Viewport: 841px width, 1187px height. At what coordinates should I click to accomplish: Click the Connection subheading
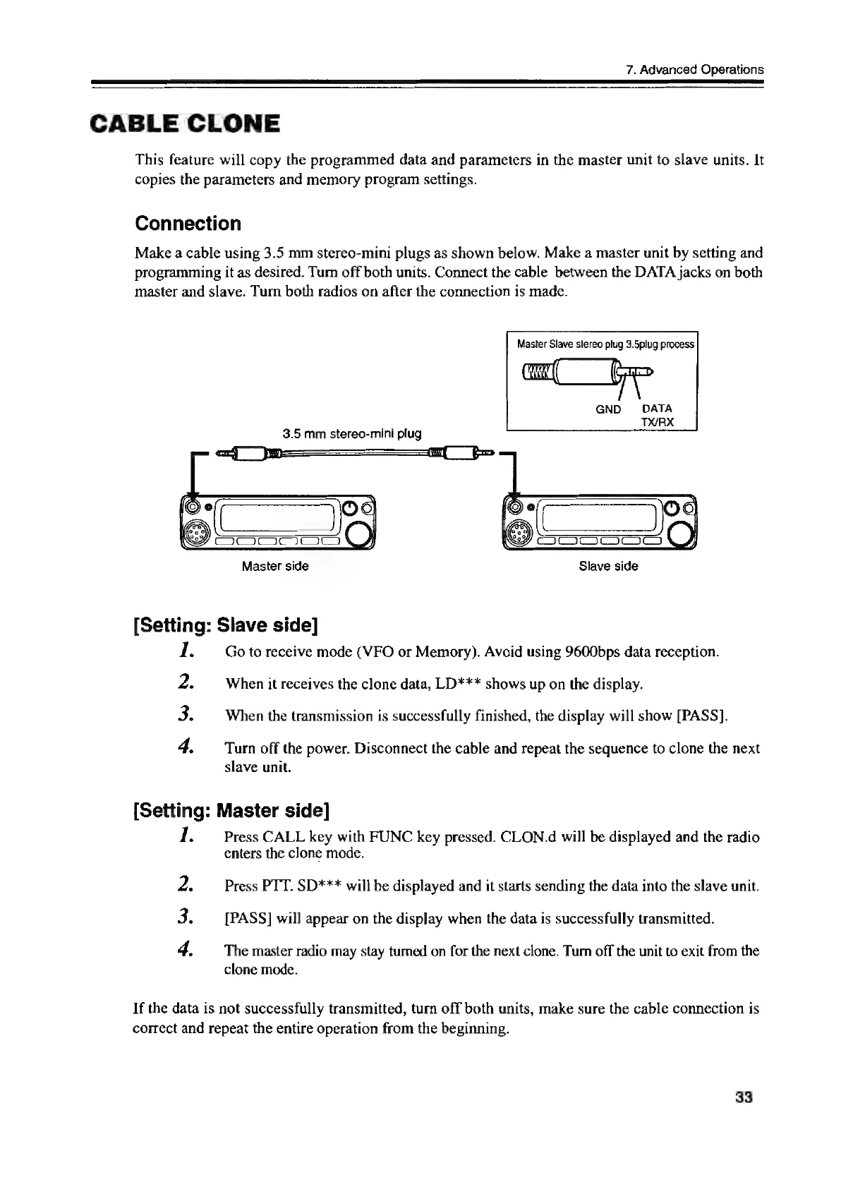(188, 224)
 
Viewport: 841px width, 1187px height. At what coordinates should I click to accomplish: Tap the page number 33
(744, 1098)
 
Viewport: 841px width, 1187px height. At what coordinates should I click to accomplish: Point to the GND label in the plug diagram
(607, 409)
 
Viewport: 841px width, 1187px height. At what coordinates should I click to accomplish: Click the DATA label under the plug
(658, 409)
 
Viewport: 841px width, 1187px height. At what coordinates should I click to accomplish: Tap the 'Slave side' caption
(608, 566)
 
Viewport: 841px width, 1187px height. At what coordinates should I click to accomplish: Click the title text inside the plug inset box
(605, 344)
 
